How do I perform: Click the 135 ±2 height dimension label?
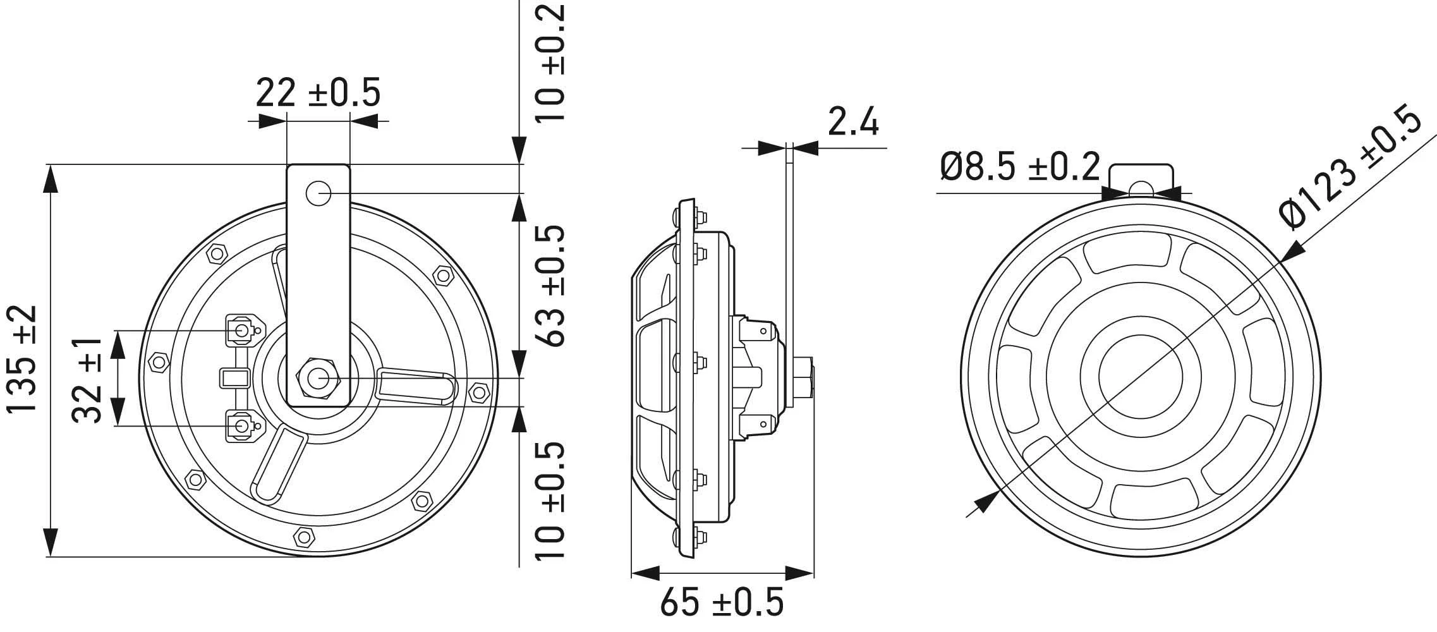click(x=23, y=359)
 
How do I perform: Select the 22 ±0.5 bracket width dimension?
click(x=318, y=93)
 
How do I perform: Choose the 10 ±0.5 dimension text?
click(x=549, y=501)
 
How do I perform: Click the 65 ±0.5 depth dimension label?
click(x=722, y=602)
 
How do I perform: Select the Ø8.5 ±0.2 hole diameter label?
click(x=1020, y=166)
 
